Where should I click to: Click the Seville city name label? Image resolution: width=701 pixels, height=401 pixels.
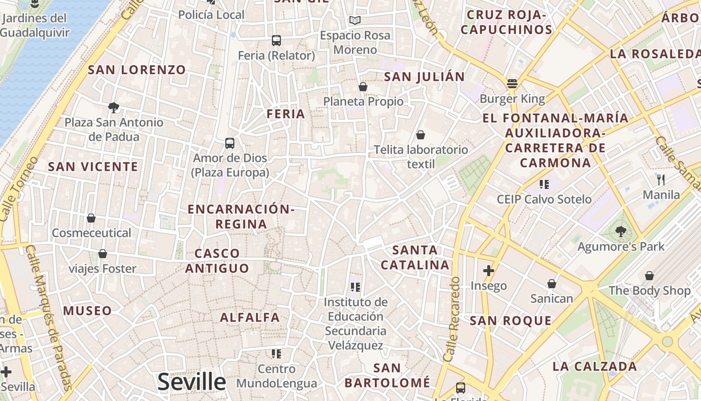click(x=192, y=382)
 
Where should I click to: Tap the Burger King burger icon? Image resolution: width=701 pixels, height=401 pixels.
click(x=512, y=84)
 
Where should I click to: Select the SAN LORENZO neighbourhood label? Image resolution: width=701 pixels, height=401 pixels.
click(x=137, y=70)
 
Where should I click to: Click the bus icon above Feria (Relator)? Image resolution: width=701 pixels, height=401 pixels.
click(x=276, y=41)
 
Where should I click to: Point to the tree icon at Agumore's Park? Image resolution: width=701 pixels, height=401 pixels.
click(x=621, y=232)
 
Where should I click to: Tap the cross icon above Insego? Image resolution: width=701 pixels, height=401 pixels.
click(x=488, y=271)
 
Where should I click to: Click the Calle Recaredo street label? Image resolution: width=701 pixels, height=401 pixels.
click(x=452, y=319)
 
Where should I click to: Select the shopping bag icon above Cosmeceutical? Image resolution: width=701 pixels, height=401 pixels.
click(x=91, y=218)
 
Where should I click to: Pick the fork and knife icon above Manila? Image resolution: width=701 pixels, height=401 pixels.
click(x=661, y=179)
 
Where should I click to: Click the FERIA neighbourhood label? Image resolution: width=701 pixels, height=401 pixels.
click(x=286, y=114)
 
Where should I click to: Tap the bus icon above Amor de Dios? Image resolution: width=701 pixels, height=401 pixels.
click(x=230, y=143)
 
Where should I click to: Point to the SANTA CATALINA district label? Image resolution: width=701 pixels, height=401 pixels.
click(x=415, y=257)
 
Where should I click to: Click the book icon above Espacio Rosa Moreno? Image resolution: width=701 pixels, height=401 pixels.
click(x=355, y=21)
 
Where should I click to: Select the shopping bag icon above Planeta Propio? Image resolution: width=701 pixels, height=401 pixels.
click(x=363, y=87)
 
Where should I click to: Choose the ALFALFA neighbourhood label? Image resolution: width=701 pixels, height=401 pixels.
click(x=250, y=317)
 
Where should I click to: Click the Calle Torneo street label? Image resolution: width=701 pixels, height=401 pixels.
click(x=19, y=189)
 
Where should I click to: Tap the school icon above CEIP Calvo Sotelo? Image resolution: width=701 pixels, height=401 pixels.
click(x=544, y=184)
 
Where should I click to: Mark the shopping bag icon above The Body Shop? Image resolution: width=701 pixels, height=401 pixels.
click(x=649, y=276)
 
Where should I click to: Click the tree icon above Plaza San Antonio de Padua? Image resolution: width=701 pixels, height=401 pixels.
click(x=114, y=107)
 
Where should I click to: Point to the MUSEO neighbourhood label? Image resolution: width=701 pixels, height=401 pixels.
click(x=88, y=311)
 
